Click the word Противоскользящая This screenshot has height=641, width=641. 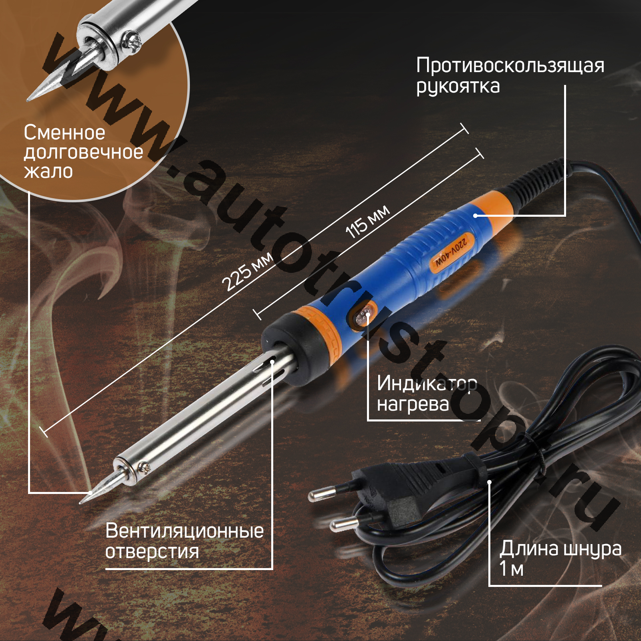pyautogui.click(x=510, y=65)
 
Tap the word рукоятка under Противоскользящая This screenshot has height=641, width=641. pyautogui.click(x=458, y=86)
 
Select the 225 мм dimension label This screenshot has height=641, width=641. pyautogui.click(x=247, y=272)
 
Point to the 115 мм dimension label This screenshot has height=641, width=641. pyautogui.click(x=367, y=222)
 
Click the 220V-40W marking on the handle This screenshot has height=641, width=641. pyautogui.click(x=452, y=253)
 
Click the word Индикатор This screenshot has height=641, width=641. pyautogui.click(x=427, y=383)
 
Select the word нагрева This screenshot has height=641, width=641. pyautogui.click(x=413, y=404)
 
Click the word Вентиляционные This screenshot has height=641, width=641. pyautogui.click(x=184, y=531)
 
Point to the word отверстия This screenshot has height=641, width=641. pyautogui.click(x=152, y=552)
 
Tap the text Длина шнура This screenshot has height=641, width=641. pyautogui.click(x=560, y=549)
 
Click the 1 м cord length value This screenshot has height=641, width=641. pyautogui.click(x=512, y=568)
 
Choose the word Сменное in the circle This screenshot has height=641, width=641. pyautogui.click(x=64, y=132)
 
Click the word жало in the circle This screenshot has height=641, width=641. pyautogui.click(x=48, y=171)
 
